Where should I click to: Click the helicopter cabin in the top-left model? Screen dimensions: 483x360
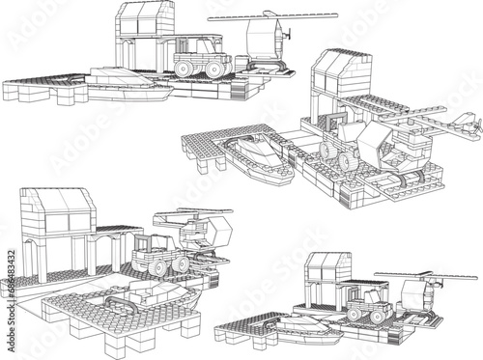tap(263, 42)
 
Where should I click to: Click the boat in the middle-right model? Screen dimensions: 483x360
tap(259, 158)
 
